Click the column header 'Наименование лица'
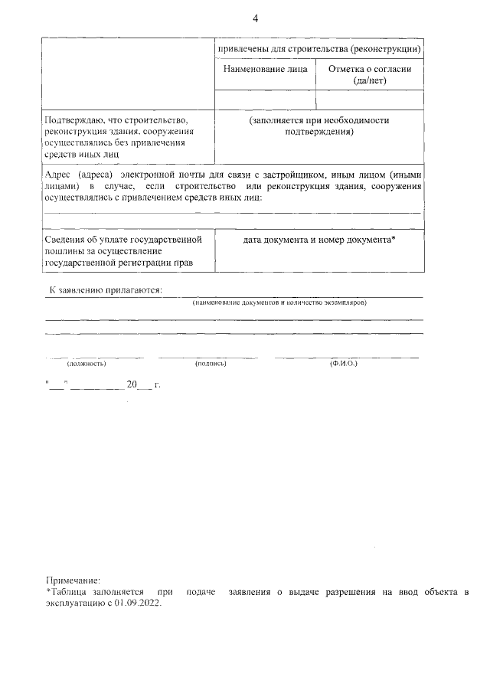click(x=265, y=69)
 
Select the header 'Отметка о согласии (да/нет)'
click(x=370, y=74)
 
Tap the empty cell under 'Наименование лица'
click(x=265, y=100)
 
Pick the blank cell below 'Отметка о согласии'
click(x=370, y=100)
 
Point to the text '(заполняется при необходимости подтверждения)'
click(x=319, y=126)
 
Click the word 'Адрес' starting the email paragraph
click(x=59, y=175)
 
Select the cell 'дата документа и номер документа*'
click(x=319, y=240)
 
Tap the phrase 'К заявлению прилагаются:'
click(x=106, y=291)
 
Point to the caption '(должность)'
click(x=86, y=364)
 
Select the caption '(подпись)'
click(x=211, y=364)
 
